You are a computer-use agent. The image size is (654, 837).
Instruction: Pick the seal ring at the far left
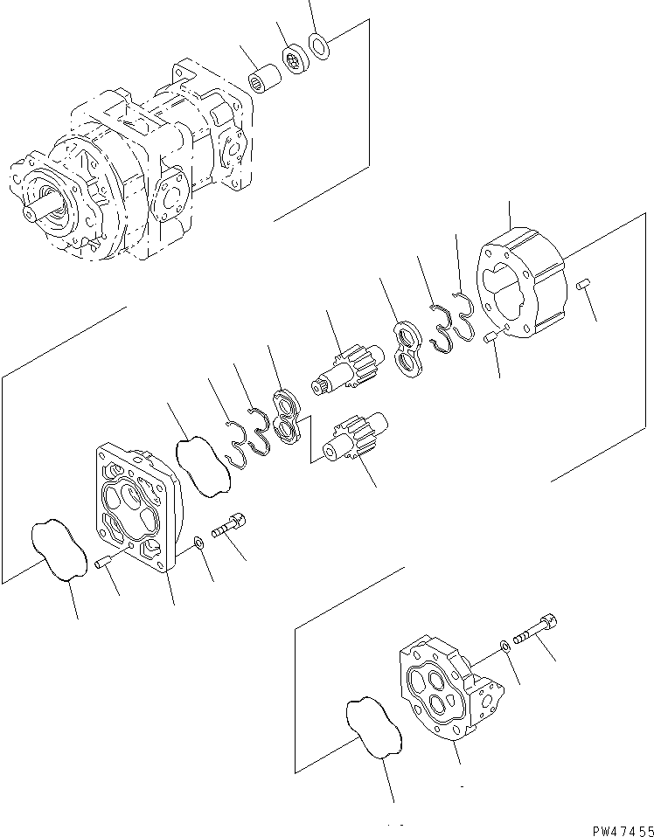[x=59, y=550]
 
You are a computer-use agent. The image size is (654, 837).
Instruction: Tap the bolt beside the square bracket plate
[x=230, y=527]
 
